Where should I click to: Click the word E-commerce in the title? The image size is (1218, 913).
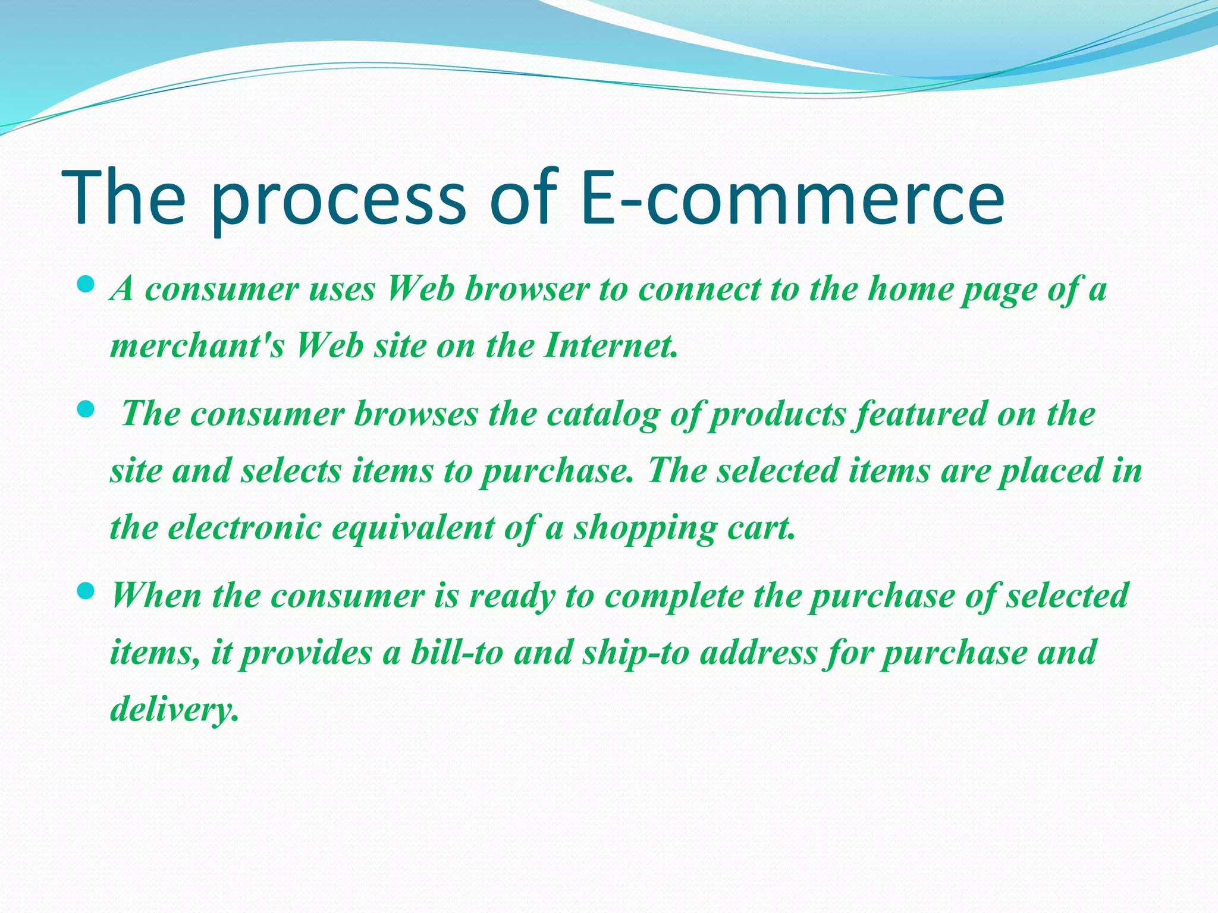point(792,197)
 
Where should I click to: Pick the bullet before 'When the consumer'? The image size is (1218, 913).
point(86,591)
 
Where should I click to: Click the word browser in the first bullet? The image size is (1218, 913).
point(526,289)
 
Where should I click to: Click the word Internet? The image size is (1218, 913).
point(610,345)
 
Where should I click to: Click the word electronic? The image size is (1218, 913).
point(244,527)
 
